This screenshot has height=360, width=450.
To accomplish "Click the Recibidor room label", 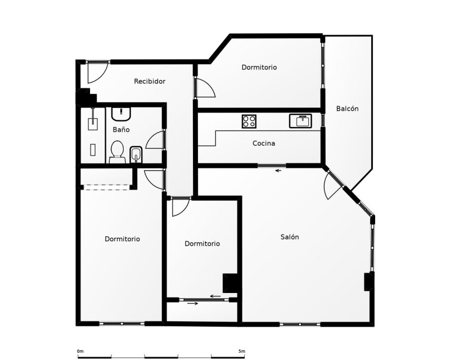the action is click(150, 81).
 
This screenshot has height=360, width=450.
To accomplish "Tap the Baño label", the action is click(121, 129).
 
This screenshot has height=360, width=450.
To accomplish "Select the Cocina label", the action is click(264, 143).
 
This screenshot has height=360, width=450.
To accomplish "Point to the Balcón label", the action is click(347, 109).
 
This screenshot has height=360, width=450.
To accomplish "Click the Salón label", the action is click(290, 237).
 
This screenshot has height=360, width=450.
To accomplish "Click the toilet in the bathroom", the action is click(117, 152).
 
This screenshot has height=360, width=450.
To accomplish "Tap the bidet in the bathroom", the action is click(136, 155).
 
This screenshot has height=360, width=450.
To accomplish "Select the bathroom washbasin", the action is click(121, 114).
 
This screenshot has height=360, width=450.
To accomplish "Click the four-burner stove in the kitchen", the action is click(249, 121).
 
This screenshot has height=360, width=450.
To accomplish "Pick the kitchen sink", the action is click(300, 121).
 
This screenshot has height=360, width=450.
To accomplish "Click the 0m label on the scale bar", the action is click(80, 351).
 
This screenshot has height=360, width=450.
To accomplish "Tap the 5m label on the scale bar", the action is click(242, 351).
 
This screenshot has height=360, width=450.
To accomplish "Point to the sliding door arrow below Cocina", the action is click(278, 171).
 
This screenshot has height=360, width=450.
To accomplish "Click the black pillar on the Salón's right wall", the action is click(368, 282).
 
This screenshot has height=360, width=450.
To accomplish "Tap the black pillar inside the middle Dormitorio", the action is click(230, 283).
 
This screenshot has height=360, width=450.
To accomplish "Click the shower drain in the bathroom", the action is click(93, 150).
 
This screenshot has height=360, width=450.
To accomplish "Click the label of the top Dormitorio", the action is click(259, 67).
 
